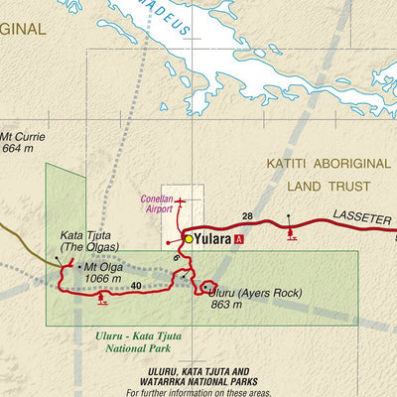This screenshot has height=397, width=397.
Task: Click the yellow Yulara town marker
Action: pos(188,239)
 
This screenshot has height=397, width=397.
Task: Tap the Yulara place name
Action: pos(211,239)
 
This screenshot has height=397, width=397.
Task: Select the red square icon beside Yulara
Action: pos(238,239)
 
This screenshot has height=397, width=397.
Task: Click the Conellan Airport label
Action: pos(157,203)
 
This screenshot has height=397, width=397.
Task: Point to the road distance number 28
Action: pos(247,215)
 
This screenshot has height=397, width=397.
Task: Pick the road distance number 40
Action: pos(136,287)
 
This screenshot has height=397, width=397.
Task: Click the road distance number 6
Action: pos(177,258)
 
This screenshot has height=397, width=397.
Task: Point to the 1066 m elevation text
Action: pos(103,279)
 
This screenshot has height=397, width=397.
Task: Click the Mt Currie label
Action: pos(23,137)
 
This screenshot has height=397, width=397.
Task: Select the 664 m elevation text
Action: pos(19,149)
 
